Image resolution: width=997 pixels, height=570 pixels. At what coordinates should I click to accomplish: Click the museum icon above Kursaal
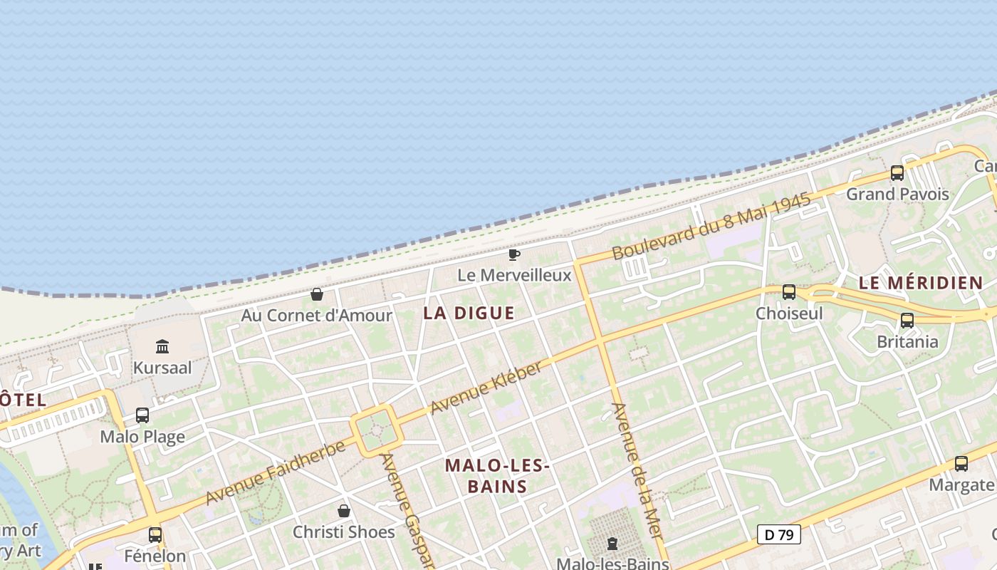(162, 346)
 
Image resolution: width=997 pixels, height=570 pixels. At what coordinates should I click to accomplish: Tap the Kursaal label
(162, 368)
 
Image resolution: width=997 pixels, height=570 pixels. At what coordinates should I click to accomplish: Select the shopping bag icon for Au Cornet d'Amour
(317, 294)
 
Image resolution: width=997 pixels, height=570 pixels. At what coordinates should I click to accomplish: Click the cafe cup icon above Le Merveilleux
(514, 254)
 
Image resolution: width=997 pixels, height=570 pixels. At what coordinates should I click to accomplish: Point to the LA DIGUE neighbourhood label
(469, 313)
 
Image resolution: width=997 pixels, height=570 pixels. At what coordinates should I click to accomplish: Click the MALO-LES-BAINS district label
(497, 476)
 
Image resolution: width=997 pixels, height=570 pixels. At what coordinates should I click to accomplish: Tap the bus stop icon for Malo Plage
(142, 415)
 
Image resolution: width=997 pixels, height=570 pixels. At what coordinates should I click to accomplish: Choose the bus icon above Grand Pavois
(897, 172)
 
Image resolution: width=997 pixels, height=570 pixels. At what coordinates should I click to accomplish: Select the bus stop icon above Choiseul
(789, 292)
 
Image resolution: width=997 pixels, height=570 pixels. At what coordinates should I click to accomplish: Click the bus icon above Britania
(907, 321)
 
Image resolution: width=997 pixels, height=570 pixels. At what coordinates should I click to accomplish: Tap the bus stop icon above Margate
(961, 464)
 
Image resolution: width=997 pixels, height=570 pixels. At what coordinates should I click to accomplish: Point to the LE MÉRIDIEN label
(920, 283)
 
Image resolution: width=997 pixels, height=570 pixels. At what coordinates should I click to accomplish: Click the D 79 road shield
(779, 534)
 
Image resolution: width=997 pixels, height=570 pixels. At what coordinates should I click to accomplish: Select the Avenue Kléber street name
(487, 388)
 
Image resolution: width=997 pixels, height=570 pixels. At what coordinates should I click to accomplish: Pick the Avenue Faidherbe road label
(275, 472)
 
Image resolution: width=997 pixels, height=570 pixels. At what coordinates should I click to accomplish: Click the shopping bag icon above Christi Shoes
(344, 511)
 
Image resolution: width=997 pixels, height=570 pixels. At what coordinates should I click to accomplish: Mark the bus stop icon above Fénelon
(155, 534)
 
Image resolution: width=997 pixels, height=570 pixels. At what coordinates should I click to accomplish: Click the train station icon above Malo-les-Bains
(612, 544)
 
